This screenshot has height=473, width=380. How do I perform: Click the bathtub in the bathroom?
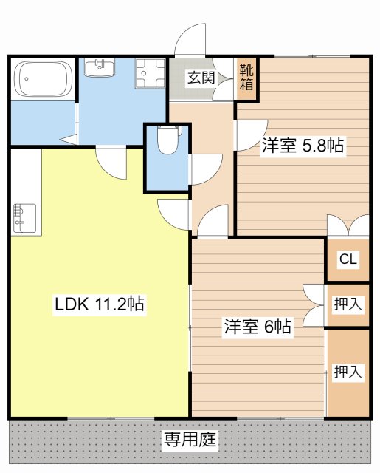[x=43, y=78]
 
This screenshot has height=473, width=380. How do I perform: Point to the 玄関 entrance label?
[x=199, y=76]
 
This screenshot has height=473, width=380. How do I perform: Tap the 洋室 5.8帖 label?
[x=302, y=146]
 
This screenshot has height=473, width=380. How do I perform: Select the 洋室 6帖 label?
[x=258, y=326]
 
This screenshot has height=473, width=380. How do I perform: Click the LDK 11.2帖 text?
[x=99, y=303]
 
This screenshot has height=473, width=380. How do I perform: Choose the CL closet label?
[x=348, y=259]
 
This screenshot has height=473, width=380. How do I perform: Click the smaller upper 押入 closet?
[x=348, y=303]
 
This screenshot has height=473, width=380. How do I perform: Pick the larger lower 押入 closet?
[x=348, y=372]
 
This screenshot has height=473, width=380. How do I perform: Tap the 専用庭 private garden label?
[x=190, y=441]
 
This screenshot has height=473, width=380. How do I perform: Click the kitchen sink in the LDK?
[x=20, y=216]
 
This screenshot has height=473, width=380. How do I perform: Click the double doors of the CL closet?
[x=348, y=225]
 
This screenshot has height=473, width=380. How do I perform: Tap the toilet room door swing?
[x=204, y=168]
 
